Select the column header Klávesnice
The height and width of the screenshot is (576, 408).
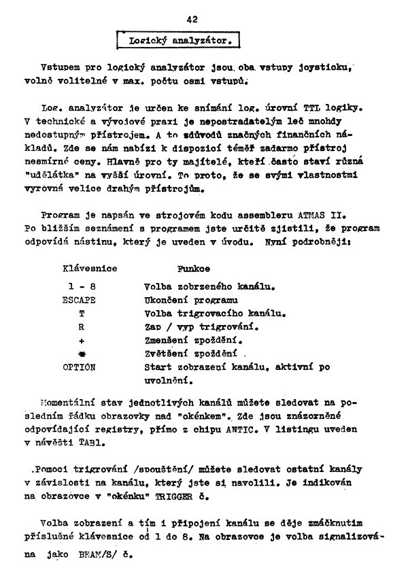pyautogui.click(x=90, y=269)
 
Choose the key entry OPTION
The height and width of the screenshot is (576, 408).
pyautogui.click(x=80, y=367)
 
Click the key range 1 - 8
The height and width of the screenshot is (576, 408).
pyautogui.click(x=81, y=286)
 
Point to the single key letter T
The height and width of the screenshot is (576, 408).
pyautogui.click(x=82, y=313)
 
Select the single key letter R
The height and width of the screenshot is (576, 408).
pyautogui.click(x=82, y=326)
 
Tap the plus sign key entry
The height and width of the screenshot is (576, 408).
pyautogui.click(x=82, y=339)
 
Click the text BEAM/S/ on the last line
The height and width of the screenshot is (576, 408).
pyautogui.click(x=101, y=554)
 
